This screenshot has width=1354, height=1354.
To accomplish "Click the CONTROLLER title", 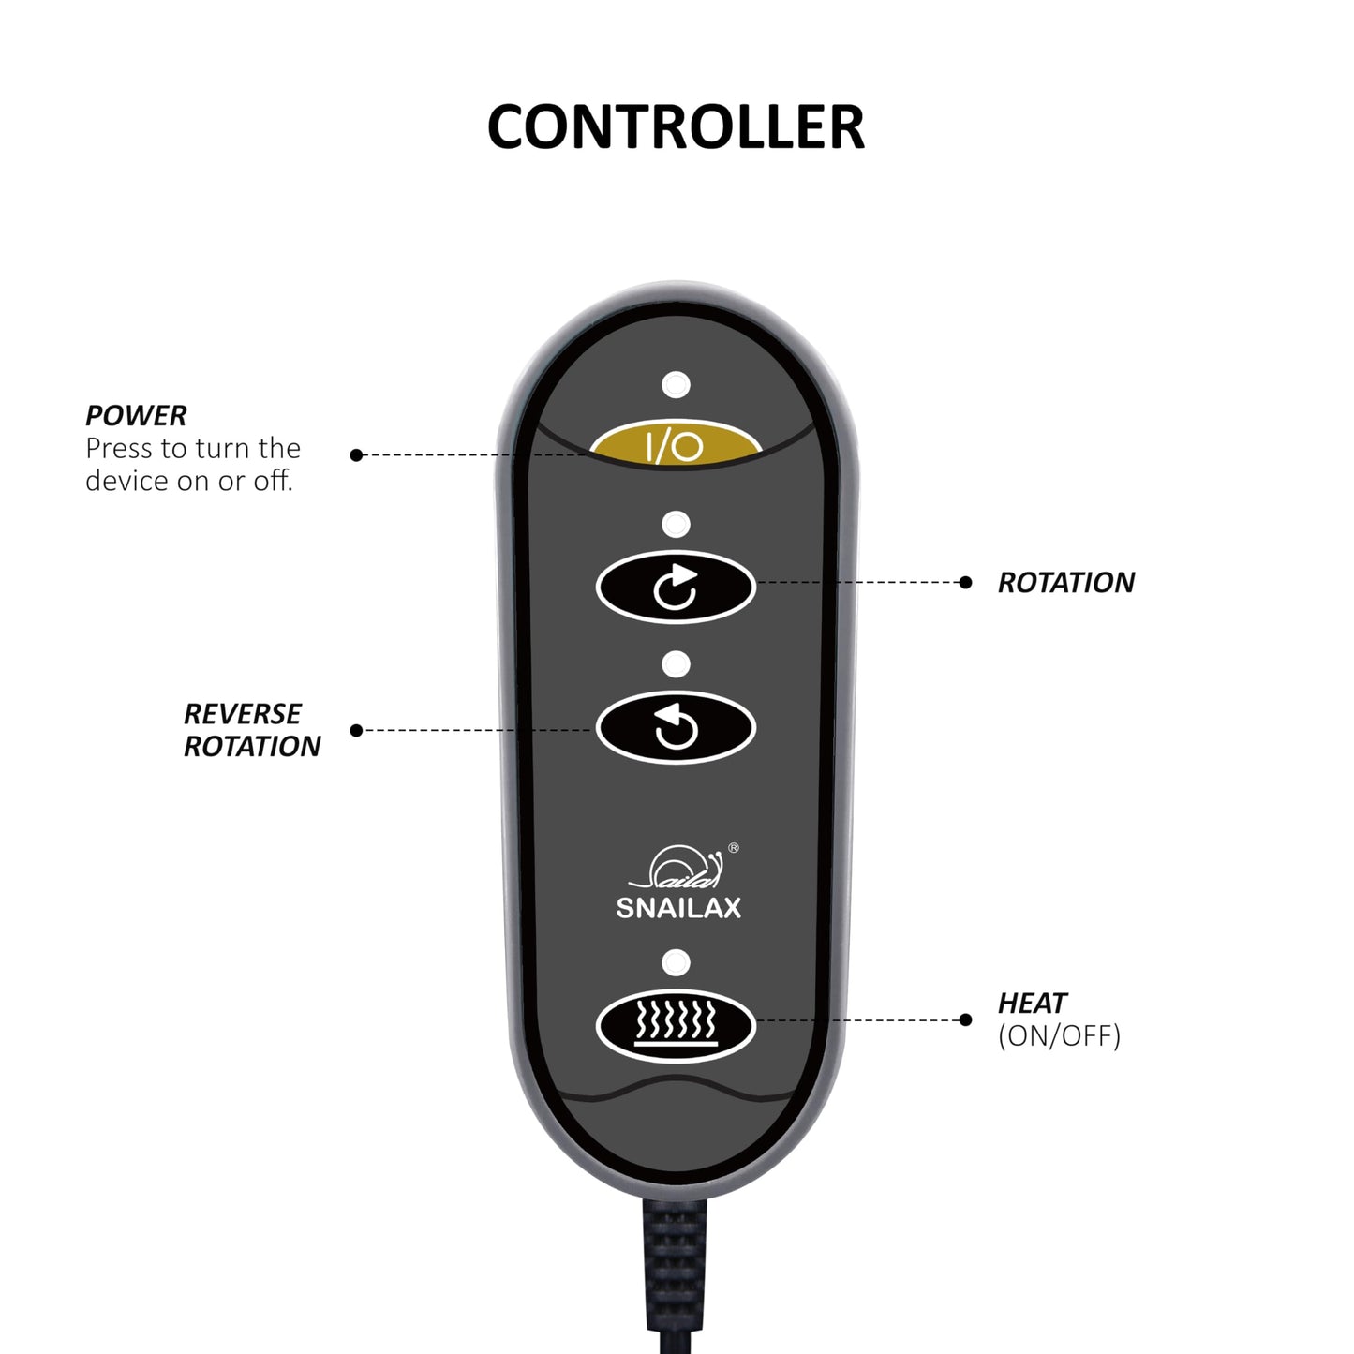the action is (676, 127).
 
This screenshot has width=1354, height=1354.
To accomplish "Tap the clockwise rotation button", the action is (676, 587).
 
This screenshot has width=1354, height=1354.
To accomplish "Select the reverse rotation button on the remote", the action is (676, 726).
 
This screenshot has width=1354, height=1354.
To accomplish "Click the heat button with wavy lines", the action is (676, 1025).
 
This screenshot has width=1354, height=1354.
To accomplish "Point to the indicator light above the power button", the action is (676, 384).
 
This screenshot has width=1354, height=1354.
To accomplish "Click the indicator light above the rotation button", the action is (676, 524).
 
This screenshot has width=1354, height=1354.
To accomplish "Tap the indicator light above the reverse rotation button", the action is (676, 664).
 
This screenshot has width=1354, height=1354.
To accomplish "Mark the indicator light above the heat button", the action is (676, 962).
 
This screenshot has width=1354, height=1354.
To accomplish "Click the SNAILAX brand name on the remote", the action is (678, 908).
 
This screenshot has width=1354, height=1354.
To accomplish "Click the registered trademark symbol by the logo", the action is (734, 848).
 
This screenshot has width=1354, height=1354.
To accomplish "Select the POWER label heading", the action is (136, 416).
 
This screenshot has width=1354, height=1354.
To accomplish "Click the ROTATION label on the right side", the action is (1066, 583).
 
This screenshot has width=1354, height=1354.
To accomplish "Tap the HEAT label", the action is (1033, 1003).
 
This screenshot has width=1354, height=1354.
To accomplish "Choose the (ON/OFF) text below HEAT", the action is (1059, 1035).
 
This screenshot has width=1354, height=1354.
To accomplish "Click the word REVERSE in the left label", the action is (243, 714).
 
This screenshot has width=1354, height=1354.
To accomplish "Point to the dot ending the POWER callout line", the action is (356, 455).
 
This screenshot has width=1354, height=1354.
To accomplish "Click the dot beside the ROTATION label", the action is (965, 583).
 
